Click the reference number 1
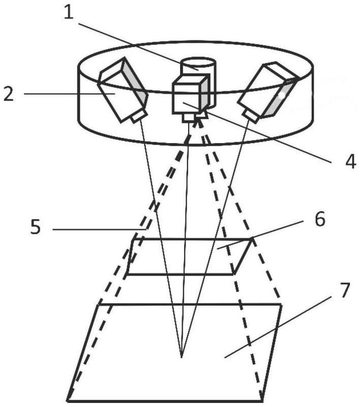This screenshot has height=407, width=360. [69, 13]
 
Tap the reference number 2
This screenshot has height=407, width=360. [9, 94]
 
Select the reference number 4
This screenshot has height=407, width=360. [350, 162]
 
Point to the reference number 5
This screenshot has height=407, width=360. [36, 226]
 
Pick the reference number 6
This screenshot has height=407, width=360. [319, 219]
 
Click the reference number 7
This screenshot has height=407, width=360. [345, 290]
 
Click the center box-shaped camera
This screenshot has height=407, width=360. [191, 94]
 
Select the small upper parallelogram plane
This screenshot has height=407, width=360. [189, 256]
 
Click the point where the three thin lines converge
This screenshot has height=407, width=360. [182, 358]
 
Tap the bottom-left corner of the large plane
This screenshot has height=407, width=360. [68, 401]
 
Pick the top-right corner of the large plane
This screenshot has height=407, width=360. [281, 304]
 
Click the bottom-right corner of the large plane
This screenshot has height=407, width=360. [262, 401]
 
